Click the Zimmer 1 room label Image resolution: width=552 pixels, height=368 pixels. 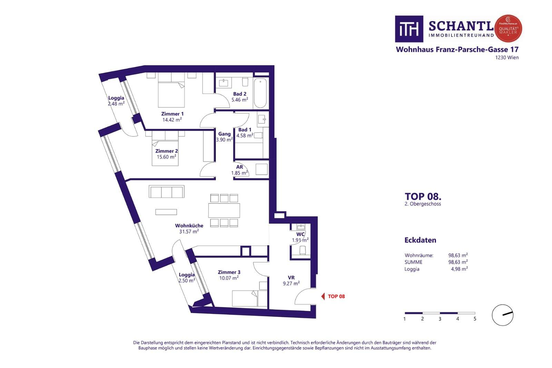172,114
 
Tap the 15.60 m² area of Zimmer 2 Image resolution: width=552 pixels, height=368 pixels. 167,157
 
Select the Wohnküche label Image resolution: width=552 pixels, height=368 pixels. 189,226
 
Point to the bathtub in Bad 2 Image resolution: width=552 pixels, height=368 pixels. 260,93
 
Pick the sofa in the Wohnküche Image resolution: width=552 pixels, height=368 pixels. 166,192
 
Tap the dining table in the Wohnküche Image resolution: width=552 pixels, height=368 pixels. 224,210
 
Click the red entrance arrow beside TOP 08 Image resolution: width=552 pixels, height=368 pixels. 323,296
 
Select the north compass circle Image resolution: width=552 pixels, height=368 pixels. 502,315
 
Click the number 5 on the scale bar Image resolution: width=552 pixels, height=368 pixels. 475,319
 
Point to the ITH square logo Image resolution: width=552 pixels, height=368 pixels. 409,29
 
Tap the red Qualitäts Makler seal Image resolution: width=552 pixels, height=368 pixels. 508,28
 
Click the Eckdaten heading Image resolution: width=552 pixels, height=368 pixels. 420,240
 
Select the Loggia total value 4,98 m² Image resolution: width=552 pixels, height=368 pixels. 459,269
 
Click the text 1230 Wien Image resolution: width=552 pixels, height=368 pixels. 507,58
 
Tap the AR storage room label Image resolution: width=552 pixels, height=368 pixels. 239,167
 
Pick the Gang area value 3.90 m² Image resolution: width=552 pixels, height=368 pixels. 224,140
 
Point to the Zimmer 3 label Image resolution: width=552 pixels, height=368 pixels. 229,272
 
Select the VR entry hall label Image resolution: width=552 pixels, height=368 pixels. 291,278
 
